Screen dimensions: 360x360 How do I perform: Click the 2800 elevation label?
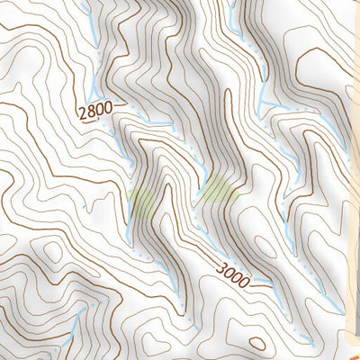95,112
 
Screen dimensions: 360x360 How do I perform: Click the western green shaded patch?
144,202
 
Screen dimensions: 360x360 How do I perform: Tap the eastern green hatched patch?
219,189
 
